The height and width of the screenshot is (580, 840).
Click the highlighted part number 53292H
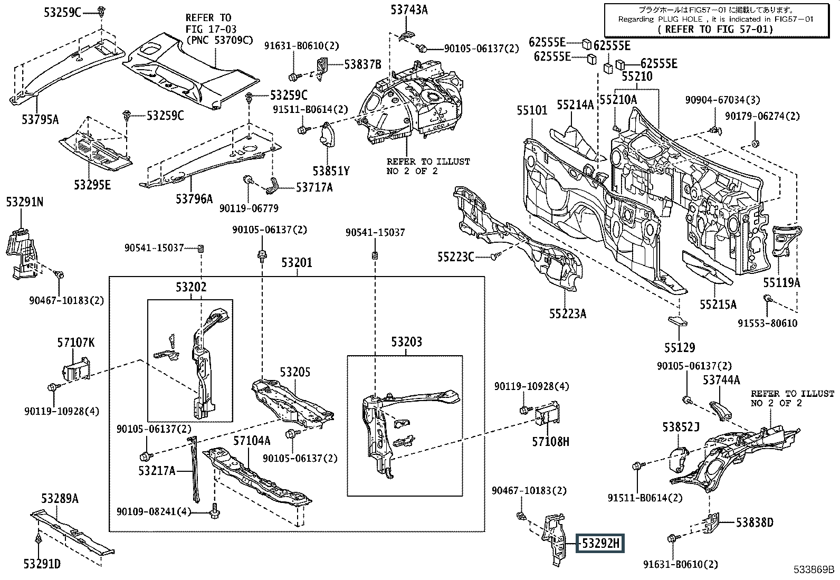600,543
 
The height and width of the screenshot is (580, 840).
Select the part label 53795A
40,120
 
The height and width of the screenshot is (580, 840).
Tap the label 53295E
92,185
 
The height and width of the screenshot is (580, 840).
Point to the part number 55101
532,110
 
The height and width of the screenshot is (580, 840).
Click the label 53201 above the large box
297,263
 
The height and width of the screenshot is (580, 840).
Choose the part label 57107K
76,343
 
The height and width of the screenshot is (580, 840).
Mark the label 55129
680,348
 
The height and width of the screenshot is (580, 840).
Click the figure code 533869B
814,569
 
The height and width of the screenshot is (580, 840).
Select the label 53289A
60,499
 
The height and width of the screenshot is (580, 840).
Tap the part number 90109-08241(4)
154,511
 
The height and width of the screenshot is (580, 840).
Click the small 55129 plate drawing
677,321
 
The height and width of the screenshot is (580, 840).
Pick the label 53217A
157,470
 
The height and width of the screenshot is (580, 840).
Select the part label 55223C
456,257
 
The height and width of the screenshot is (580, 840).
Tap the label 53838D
755,522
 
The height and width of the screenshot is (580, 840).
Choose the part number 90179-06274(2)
762,116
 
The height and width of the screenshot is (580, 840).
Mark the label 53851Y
331,171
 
